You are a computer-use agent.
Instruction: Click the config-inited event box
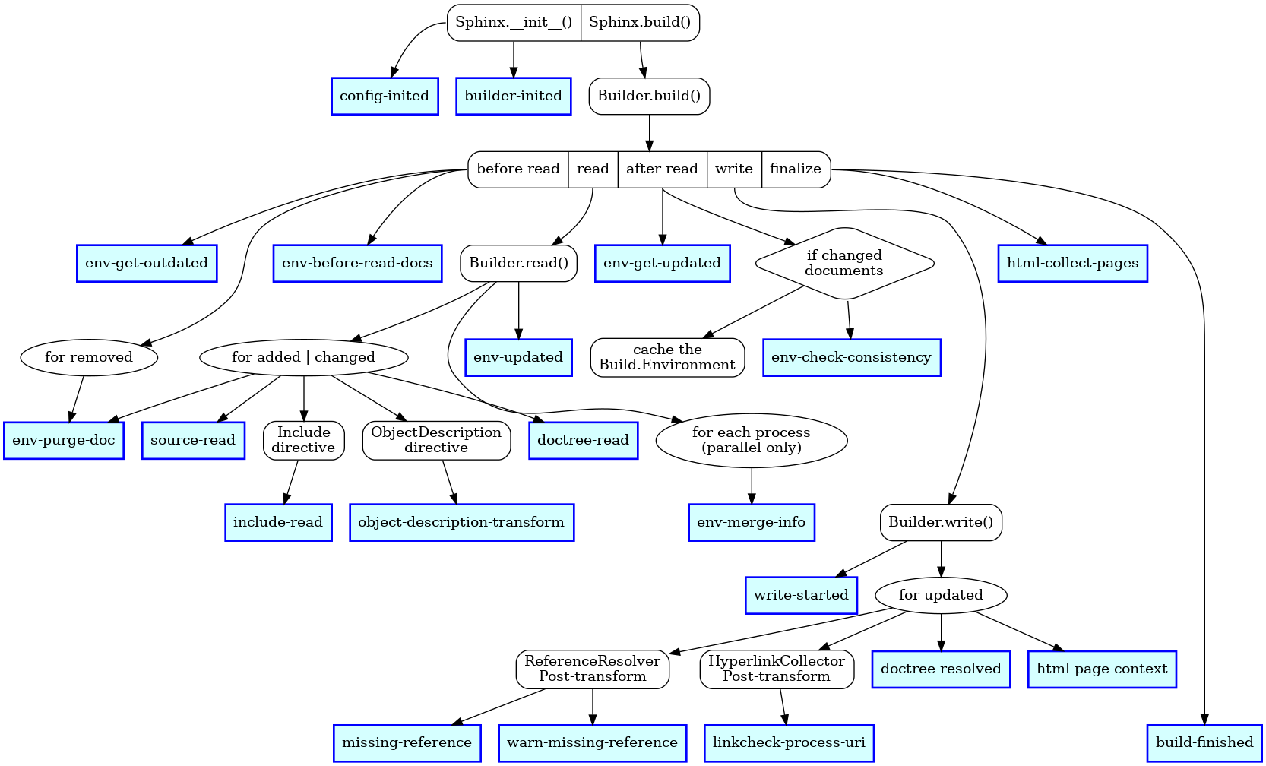pos(385,97)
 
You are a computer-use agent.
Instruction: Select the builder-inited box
pos(513,97)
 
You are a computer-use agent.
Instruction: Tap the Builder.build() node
pos(649,97)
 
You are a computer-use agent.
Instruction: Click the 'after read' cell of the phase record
pos(662,169)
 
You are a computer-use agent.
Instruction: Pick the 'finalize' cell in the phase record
pos(795,169)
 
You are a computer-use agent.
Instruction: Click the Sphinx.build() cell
pos(640,23)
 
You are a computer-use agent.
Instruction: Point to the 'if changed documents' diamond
pos(844,264)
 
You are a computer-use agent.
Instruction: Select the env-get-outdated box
pos(147,264)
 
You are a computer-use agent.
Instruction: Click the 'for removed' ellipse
pos(89,358)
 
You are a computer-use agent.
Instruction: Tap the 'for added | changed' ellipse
pos(303,358)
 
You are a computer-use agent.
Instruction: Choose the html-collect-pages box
pos(1072,264)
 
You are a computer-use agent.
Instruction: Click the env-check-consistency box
pos(851,358)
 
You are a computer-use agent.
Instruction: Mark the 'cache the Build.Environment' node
pos(667,358)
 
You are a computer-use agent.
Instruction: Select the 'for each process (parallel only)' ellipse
pos(751,441)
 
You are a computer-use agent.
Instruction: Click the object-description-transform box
pos(461,523)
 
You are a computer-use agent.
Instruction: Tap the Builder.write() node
pos(941,523)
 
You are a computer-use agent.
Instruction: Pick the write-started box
pos(801,596)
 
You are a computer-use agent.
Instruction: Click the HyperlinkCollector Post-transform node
pos(777,669)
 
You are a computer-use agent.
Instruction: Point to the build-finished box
pos(1204,743)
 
